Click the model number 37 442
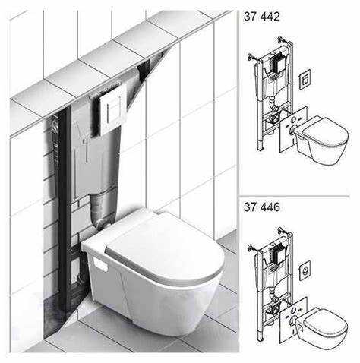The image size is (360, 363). click(x=262, y=17)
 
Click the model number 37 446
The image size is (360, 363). click(x=262, y=207)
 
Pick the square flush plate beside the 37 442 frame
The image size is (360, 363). click(x=305, y=78)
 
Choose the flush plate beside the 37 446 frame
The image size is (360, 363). click(x=305, y=270)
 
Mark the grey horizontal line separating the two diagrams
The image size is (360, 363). click(x=295, y=196)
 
